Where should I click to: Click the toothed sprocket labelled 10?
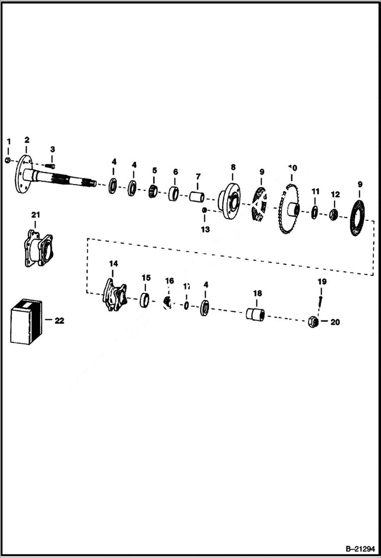click(289, 209)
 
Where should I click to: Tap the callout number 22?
click(60, 320)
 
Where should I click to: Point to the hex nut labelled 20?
click(313, 322)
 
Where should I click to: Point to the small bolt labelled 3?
click(50, 164)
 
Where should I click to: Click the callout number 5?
click(155, 170)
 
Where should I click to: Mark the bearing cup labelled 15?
click(145, 299)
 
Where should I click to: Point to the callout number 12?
click(335, 194)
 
